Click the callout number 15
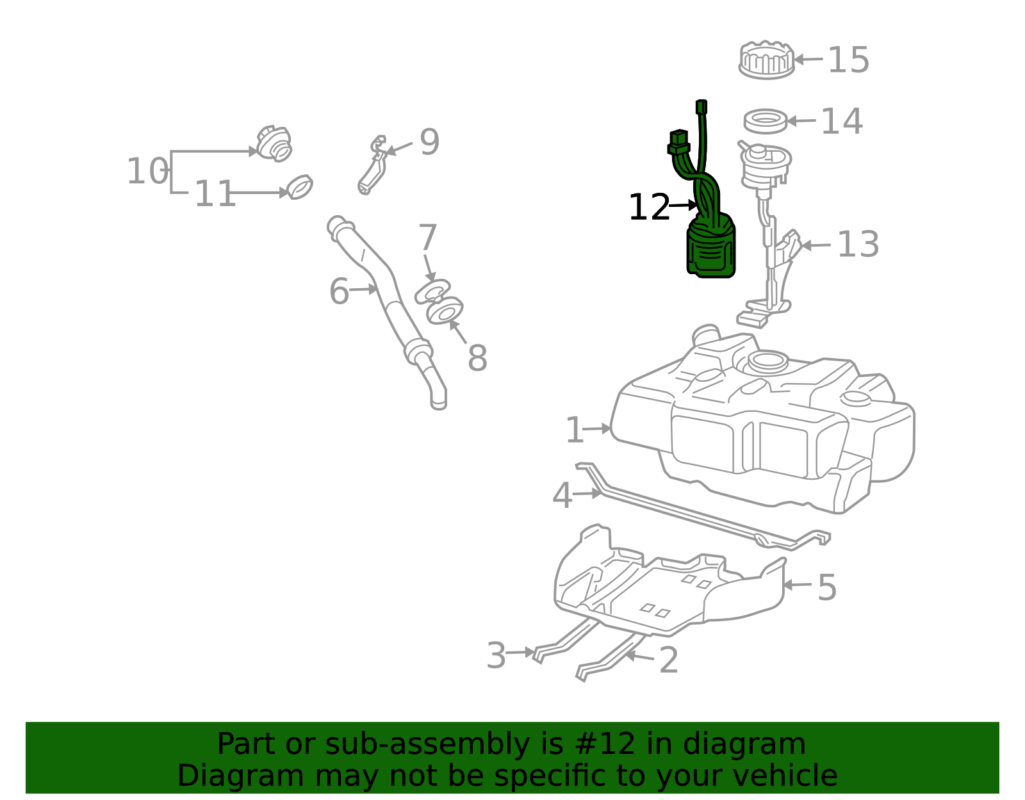848,60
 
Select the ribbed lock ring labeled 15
767,60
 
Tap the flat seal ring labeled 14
766,121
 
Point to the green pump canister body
711,250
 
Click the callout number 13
858,244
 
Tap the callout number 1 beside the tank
575,430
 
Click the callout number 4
562,496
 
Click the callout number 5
827,587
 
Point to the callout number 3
496,655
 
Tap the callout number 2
668,660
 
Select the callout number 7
428,237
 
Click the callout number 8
477,358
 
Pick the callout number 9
429,142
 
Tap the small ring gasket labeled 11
300,186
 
